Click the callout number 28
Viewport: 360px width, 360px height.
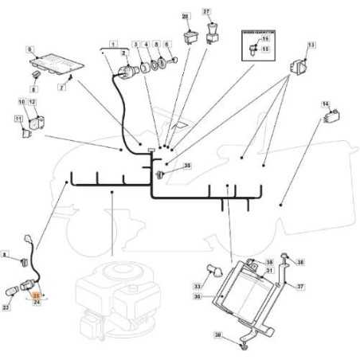tap(186, 16)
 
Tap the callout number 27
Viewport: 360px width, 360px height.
tap(207, 12)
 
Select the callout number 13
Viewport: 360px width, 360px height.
tap(311, 45)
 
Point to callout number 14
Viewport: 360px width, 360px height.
tap(325, 104)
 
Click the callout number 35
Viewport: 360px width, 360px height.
tap(187, 166)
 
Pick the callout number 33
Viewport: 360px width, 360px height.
tap(197, 286)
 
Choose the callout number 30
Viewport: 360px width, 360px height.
tap(197, 297)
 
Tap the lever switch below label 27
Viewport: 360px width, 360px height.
tap(211, 33)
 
